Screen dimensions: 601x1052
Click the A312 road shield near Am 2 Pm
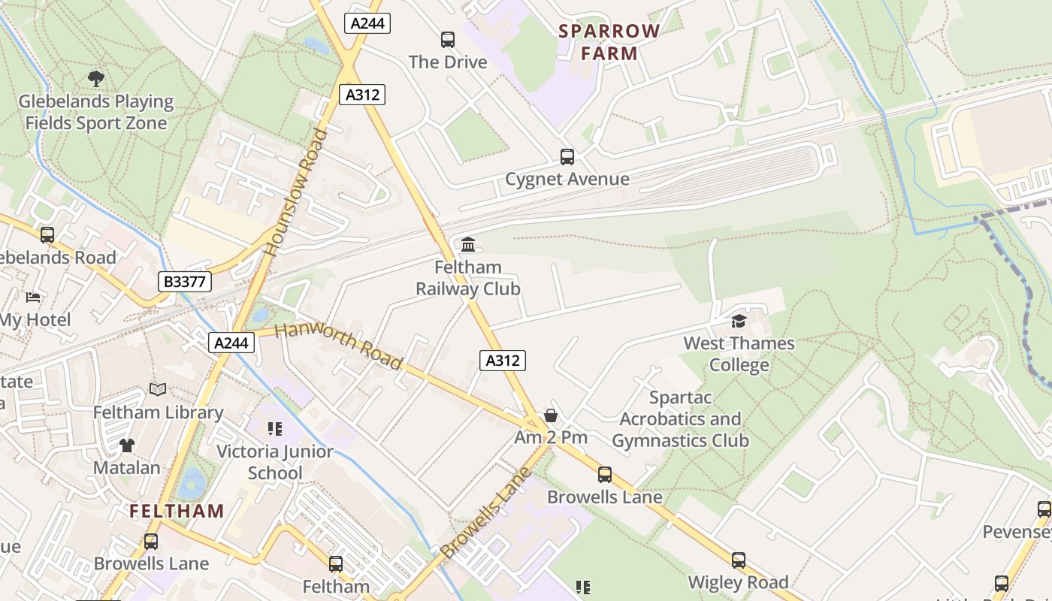[x=502, y=361]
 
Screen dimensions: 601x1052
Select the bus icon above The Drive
[x=448, y=39]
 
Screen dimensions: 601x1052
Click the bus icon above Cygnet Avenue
[x=567, y=157]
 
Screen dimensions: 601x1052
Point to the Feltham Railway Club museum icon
[x=468, y=244]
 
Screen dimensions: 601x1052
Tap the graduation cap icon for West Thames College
[x=739, y=322]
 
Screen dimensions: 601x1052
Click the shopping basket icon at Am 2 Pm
[x=551, y=415]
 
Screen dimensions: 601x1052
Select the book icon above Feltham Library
[x=158, y=389]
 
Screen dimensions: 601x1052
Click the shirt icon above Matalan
[x=126, y=445]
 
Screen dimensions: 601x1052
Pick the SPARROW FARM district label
[x=609, y=42]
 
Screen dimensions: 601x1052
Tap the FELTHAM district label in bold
[x=177, y=512]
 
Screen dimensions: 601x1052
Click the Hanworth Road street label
[x=338, y=346]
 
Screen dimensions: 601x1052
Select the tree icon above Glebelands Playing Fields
[x=95, y=77]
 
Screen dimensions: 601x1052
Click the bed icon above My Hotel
[x=32, y=297]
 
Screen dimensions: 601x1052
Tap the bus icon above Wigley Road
[x=739, y=560]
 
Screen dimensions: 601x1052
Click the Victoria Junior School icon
[x=275, y=429]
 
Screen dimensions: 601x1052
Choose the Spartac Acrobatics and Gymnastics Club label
[x=680, y=419]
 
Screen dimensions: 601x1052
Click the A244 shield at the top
[x=368, y=23]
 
